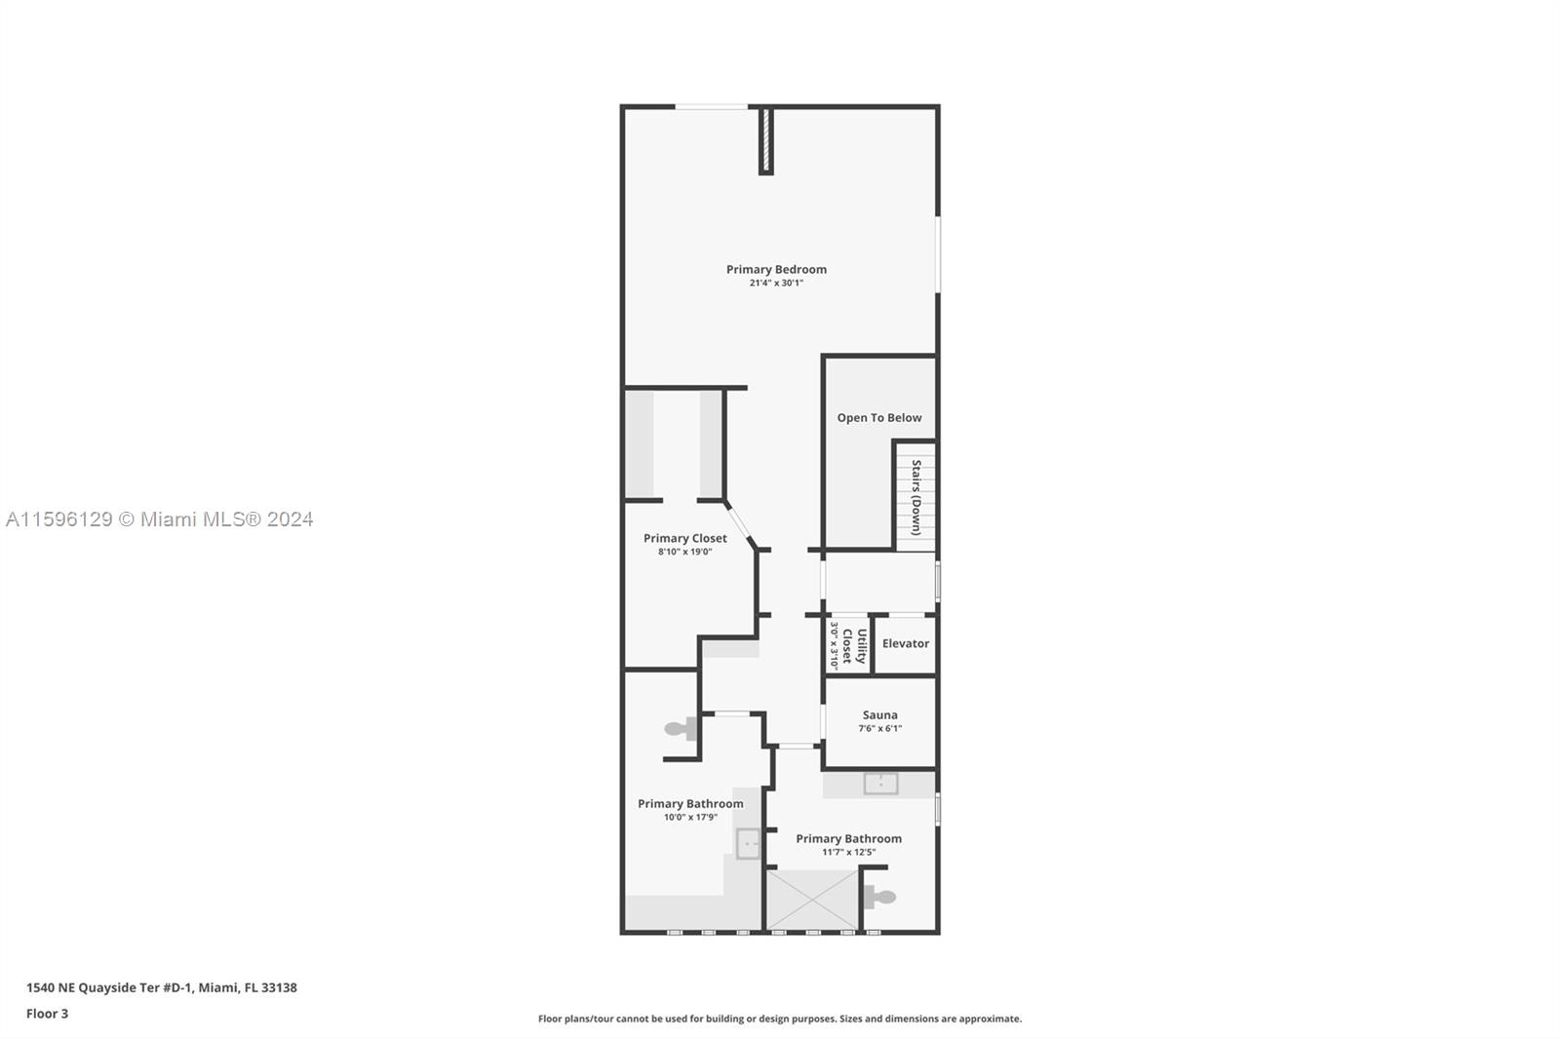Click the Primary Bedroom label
pos(776,270)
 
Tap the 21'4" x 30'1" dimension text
pos(776,283)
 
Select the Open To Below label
pos(878,418)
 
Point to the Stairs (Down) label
pos(916,497)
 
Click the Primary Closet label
pos(685,538)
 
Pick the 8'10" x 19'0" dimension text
pos(685,552)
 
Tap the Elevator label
pos(906,643)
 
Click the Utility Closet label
pos(854,646)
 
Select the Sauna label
pos(879,715)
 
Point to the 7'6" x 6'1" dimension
pos(879,728)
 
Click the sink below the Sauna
pos(881,784)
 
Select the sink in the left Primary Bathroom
pos(748,843)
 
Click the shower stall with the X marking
pos(813,900)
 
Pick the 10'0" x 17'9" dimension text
pos(690,817)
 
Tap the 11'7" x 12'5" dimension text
pos(848,852)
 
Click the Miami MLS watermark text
pos(160,519)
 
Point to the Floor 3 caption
pos(48,1014)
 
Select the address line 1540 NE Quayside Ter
pos(162,987)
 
